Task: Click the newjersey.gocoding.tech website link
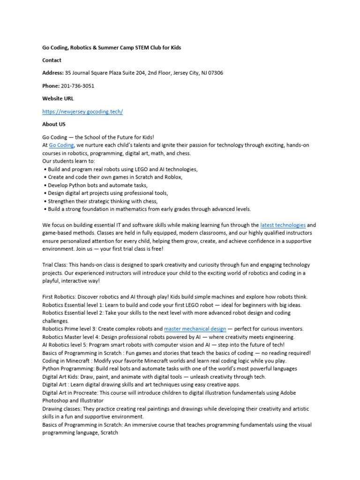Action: (82, 112)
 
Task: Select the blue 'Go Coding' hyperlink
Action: (61, 146)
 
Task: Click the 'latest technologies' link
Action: (283, 225)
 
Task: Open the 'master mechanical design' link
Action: (195, 329)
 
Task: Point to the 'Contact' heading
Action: (52, 60)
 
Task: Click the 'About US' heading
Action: (54, 124)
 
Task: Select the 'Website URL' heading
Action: (58, 99)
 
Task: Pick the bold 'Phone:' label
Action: (51, 86)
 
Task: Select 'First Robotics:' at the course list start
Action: (59, 297)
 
